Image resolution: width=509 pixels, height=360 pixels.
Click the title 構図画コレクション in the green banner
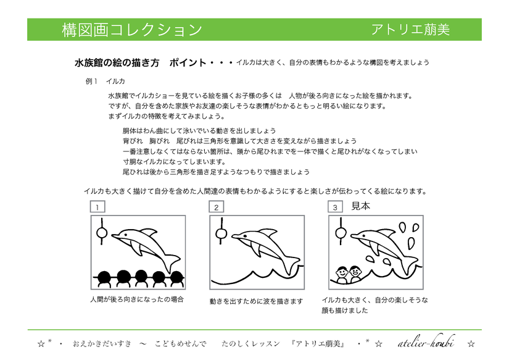pyautogui.click(x=132, y=30)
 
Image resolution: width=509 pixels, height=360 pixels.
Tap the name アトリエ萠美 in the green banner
pyautogui.click(x=411, y=30)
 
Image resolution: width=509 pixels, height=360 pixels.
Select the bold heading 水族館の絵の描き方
pyautogui.click(x=117, y=63)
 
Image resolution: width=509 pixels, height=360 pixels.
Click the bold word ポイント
pyautogui.click(x=188, y=63)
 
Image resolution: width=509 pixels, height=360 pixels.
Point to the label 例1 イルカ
pyautogui.click(x=105, y=82)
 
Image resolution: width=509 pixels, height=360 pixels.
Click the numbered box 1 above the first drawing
pyautogui.click(x=97, y=207)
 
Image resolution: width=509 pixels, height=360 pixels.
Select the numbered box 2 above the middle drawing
pyautogui.click(x=217, y=207)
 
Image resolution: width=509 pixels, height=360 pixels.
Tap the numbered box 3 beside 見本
pyautogui.click(x=336, y=207)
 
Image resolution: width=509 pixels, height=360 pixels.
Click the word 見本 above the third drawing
pyautogui.click(x=361, y=206)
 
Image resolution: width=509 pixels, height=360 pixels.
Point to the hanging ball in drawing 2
pyautogui.click(x=221, y=233)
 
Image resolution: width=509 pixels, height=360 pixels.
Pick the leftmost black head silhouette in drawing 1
pyautogui.click(x=104, y=277)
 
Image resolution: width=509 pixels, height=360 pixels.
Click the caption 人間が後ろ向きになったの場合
pyautogui.click(x=137, y=299)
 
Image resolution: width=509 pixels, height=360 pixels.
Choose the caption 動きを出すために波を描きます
pyautogui.click(x=256, y=301)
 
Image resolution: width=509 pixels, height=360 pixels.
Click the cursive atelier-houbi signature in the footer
pyautogui.click(x=426, y=342)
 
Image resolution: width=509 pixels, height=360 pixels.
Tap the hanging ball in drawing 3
pyautogui.click(x=340, y=233)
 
